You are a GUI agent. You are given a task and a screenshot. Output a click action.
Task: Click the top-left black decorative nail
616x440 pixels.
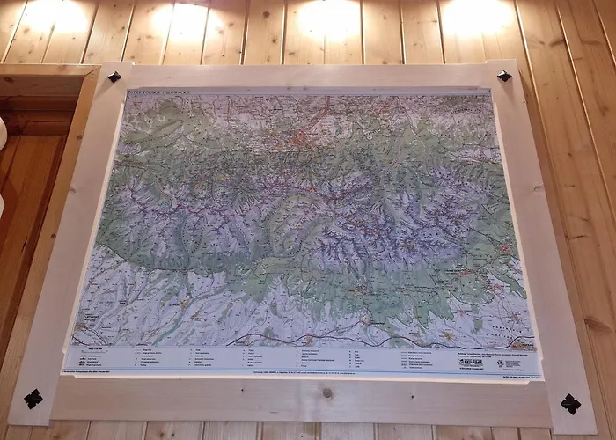click(114, 77)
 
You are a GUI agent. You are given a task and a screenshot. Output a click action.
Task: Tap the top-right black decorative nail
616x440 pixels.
click(503, 76)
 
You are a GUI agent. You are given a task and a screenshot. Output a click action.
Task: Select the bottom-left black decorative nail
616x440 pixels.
click(33, 399)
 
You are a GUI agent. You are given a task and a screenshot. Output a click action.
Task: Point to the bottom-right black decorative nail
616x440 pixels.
click(570, 404)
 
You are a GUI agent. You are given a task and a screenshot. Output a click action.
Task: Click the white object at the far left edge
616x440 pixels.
click(2, 132)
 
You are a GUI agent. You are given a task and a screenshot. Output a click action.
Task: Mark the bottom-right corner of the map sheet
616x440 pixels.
click(539, 376)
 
